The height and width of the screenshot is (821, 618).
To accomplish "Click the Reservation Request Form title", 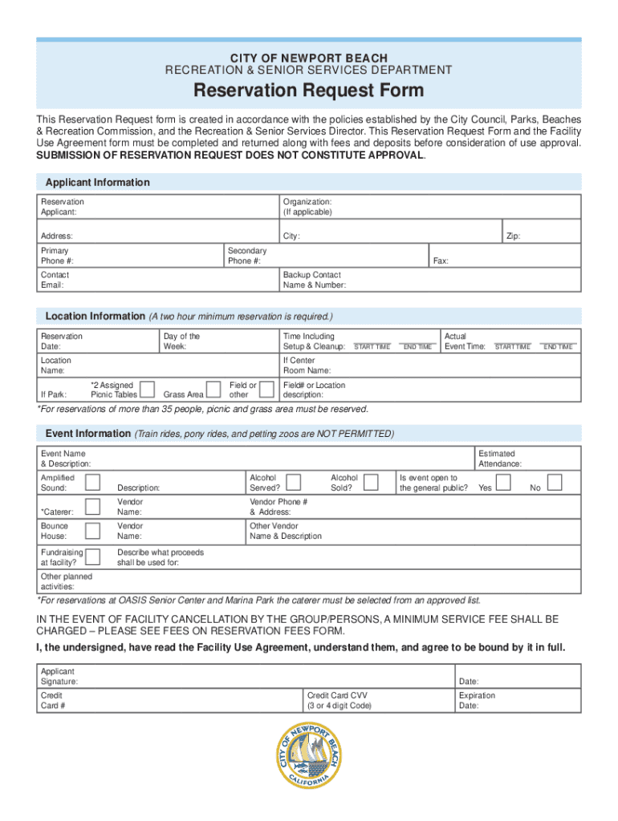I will tap(309, 91).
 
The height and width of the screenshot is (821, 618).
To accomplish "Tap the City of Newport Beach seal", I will tap(309, 754).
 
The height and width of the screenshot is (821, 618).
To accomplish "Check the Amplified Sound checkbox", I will tap(94, 481).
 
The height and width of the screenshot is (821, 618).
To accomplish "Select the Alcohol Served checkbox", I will tap(294, 481).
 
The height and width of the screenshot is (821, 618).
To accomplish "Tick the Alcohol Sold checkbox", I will tap(371, 481).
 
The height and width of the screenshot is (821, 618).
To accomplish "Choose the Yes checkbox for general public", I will tap(503, 481).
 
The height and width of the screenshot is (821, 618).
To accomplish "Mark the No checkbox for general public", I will tap(554, 481).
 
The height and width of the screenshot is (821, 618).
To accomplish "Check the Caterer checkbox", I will tap(94, 505).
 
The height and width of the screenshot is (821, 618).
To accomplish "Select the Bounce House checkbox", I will tap(94, 529).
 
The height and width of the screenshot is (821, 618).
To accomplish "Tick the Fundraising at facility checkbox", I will tap(94, 556).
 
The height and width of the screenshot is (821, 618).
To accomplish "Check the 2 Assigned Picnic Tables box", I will tap(147, 390).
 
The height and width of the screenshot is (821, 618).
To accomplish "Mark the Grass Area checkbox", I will tap(213, 390).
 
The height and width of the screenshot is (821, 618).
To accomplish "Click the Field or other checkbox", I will tap(267, 390).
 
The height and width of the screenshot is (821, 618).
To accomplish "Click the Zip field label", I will tap(513, 237).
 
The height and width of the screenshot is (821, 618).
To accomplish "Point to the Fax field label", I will tap(441, 261).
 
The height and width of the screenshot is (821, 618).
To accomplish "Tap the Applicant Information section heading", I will tap(97, 183).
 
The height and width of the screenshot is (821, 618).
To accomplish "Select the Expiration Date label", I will tap(477, 701).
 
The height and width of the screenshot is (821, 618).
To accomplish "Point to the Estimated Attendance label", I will tap(500, 459).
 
